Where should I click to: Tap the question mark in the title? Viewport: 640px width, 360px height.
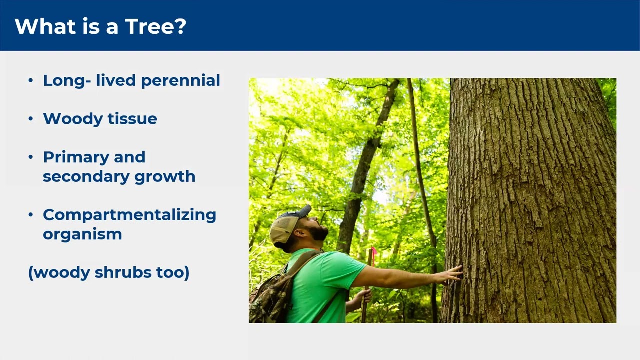[x=180, y=26]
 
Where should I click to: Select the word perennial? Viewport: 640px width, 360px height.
[x=181, y=81]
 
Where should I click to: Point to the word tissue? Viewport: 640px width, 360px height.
[x=132, y=119]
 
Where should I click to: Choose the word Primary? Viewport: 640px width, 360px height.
[x=76, y=158]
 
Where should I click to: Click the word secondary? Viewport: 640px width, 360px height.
[x=86, y=176]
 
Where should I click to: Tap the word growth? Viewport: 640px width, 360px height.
[x=165, y=177]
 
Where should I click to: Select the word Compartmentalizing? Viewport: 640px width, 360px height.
[x=129, y=215]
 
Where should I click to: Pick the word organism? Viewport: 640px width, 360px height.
[x=82, y=235]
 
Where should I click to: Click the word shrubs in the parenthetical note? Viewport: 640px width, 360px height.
[x=123, y=272]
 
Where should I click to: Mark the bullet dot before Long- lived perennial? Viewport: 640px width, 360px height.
[x=31, y=80]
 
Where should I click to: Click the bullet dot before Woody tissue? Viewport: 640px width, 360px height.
[x=31, y=119]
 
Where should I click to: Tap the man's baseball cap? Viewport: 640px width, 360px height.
[x=288, y=225]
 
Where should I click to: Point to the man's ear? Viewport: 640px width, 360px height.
[x=299, y=233]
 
